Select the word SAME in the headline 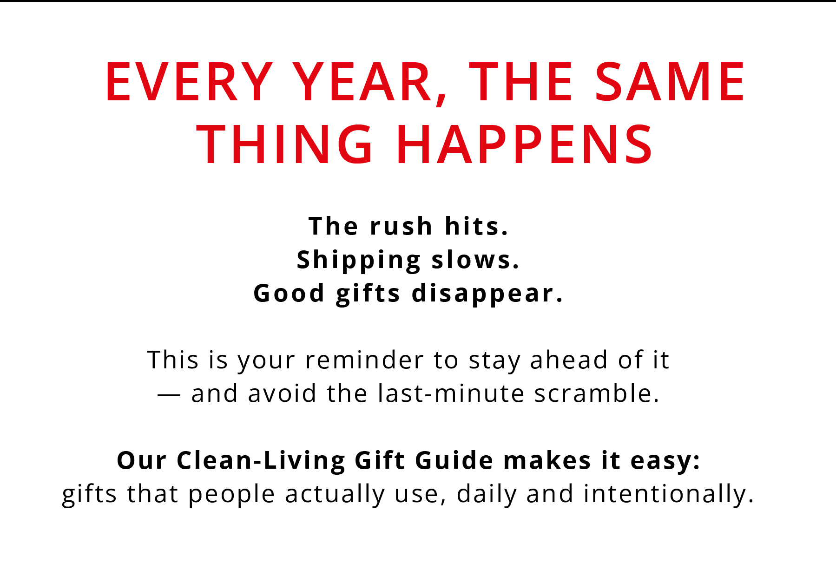pyautogui.click(x=670, y=82)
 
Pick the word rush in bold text pyautogui.click(x=401, y=226)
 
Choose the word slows pyautogui.click(x=475, y=260)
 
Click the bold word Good pyautogui.click(x=289, y=294)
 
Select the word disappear pyautogui.click(x=487, y=294)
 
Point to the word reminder pyautogui.click(x=364, y=360)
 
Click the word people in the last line pyautogui.click(x=231, y=495)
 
